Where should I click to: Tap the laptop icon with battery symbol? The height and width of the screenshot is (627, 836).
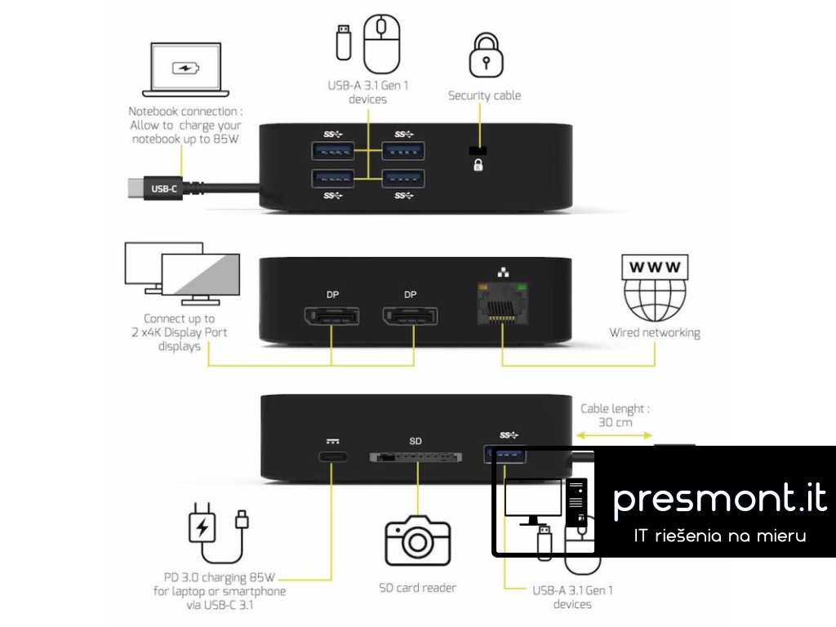click(x=186, y=69)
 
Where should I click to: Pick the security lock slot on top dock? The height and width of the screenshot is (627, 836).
click(x=478, y=150)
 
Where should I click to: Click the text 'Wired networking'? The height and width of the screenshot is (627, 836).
click(x=654, y=333)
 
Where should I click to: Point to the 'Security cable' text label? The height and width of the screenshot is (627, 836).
click(x=484, y=96)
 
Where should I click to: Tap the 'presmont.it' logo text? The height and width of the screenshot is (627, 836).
click(x=719, y=498)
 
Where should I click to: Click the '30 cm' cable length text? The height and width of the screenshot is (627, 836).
click(x=615, y=423)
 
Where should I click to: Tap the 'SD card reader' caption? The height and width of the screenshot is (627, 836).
click(x=417, y=587)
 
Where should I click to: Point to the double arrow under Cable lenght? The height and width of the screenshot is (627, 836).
click(x=614, y=436)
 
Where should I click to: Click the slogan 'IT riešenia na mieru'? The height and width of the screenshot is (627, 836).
click(x=720, y=536)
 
